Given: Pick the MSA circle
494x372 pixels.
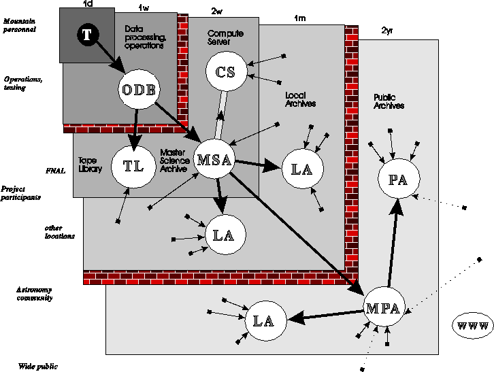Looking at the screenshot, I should [215, 160].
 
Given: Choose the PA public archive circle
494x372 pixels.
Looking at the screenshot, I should [397, 180].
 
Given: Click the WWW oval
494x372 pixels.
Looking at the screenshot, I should [472, 326].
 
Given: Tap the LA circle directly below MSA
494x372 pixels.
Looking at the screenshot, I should [225, 235].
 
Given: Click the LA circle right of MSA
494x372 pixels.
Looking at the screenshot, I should [301, 169].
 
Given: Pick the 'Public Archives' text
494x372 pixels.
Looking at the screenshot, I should [389, 102].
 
